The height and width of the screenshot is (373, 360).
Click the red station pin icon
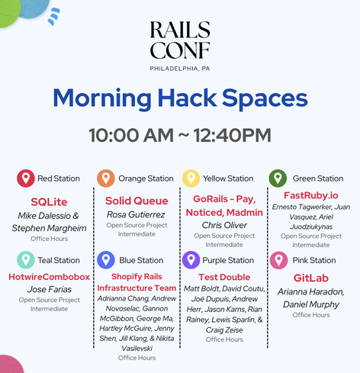pyautogui.click(x=26, y=178)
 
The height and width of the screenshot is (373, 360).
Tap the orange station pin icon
pyautogui.click(x=106, y=178)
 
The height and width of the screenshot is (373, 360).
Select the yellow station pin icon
pyautogui.click(x=191, y=178)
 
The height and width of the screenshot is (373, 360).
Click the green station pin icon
pyautogui.click(x=278, y=178)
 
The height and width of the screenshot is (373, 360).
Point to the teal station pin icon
pyautogui.click(x=26, y=260)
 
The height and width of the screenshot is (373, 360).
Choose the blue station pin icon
pyautogui.click(x=106, y=260)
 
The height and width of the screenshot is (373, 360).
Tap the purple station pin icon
pyautogui.click(x=191, y=260)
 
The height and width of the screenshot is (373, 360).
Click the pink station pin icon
pyautogui.click(x=278, y=260)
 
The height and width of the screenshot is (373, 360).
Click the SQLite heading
pyautogui.click(x=49, y=202)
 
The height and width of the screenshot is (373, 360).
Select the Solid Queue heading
pyautogui.click(x=137, y=201)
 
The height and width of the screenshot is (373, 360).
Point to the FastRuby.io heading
pyautogui.click(x=311, y=195)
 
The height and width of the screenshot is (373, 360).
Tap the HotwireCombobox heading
pyautogui.click(x=50, y=277)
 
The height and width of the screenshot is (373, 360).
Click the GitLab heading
pyautogui.click(x=311, y=278)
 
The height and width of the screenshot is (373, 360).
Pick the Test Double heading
pyautogui.click(x=224, y=277)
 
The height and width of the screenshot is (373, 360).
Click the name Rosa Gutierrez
pyautogui.click(x=136, y=214)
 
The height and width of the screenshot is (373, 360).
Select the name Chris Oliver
pyautogui.click(x=224, y=225)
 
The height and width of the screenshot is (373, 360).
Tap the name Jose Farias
pyautogui.click(x=50, y=289)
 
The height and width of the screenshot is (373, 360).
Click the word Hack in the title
pyautogui.click(x=187, y=98)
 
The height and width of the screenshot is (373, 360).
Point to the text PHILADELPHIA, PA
pyautogui.click(x=180, y=69)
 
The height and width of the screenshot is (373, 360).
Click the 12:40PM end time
pyautogui.click(x=232, y=135)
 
